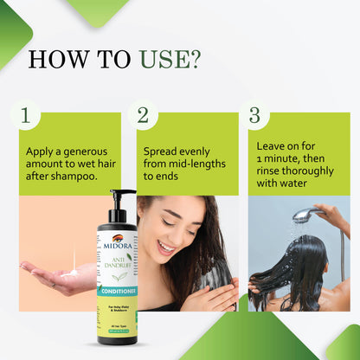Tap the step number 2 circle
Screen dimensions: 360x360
(x=142, y=115)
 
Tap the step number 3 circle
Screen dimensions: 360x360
(x=254, y=115)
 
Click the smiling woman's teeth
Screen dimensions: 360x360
(x=164, y=248)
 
